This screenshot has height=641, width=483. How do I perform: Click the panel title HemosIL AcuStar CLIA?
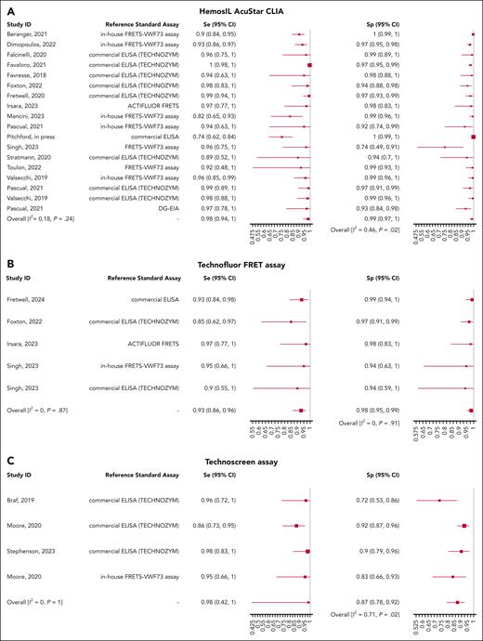(x=241, y=9)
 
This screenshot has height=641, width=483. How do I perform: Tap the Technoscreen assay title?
(x=241, y=464)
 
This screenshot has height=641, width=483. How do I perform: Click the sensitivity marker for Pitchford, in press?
(x=281, y=137)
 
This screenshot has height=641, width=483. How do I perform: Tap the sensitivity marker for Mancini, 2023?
(x=289, y=116)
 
